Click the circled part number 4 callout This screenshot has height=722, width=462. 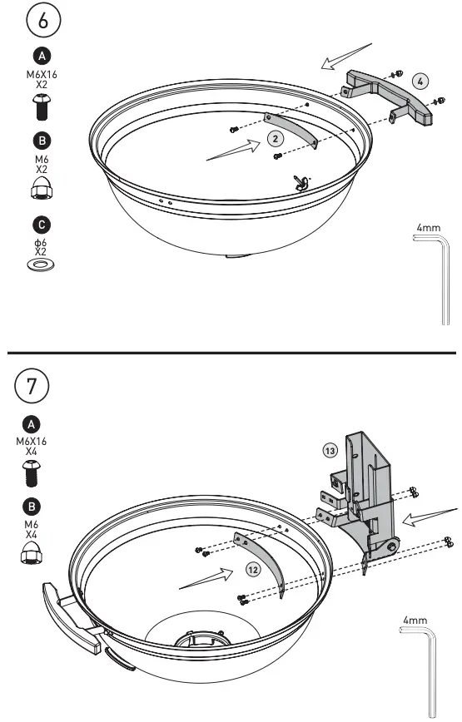421,82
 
